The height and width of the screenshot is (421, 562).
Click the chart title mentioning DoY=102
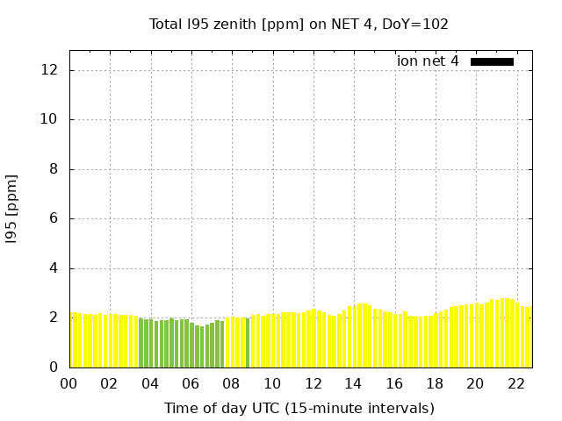[x=299, y=24]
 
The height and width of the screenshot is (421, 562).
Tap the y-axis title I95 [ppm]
[x=12, y=208]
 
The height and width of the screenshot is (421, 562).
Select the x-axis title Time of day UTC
[x=299, y=408]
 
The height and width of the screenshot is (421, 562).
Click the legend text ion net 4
[x=428, y=61]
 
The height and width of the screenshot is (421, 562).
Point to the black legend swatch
[x=492, y=61]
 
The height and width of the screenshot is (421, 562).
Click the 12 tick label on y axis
[x=50, y=70]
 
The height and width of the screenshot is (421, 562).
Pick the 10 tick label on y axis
[x=50, y=119]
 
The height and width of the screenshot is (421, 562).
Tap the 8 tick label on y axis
[x=54, y=169]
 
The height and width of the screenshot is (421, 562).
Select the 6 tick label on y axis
[x=54, y=218]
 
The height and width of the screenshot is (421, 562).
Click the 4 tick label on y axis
[x=54, y=268]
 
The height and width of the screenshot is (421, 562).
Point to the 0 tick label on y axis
[x=54, y=367]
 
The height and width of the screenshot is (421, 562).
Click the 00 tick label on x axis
[x=68, y=383]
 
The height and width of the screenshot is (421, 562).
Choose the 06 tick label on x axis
[x=191, y=383]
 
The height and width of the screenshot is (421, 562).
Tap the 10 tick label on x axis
[x=272, y=383]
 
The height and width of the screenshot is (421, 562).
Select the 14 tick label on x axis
[x=353, y=383]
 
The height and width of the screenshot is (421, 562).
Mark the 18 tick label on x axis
[x=435, y=383]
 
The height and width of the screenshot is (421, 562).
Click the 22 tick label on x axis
[x=516, y=383]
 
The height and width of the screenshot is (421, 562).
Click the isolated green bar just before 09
[x=248, y=343]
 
